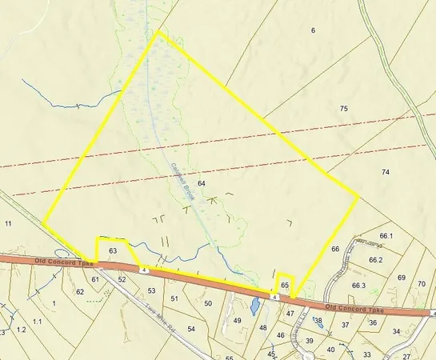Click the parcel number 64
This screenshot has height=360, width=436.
202,183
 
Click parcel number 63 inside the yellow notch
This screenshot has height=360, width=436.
113,251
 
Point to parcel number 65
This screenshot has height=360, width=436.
285,285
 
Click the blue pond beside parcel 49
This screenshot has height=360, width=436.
254,306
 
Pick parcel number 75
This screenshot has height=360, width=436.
344,109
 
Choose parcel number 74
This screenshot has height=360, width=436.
386,172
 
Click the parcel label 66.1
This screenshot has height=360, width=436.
387,236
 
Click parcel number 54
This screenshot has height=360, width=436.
191,329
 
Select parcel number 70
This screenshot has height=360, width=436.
422,284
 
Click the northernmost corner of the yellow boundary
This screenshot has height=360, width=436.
158,32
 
